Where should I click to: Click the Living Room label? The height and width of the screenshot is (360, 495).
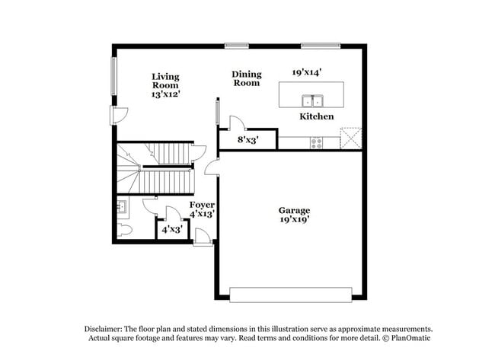[x=165, y=85]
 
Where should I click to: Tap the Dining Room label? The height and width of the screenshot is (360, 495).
[x=246, y=78]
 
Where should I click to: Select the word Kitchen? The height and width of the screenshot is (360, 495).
[x=316, y=116]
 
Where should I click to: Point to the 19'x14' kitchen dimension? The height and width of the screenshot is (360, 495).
[x=307, y=73]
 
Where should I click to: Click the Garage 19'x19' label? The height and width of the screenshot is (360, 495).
[x=293, y=215]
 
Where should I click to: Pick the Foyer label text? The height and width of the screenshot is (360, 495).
[x=202, y=209]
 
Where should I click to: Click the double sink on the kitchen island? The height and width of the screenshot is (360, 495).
[x=312, y=101]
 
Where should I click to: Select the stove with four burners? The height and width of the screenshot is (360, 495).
[x=318, y=142]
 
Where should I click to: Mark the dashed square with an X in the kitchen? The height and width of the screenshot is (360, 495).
[x=350, y=138]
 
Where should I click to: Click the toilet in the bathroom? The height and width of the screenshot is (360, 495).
[x=126, y=230]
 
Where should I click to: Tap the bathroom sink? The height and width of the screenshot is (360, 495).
[x=122, y=206]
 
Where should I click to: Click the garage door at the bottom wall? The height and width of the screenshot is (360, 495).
[x=290, y=294]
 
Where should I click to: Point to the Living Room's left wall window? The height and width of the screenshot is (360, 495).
[x=115, y=76]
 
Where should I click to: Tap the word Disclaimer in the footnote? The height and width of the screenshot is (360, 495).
[x=104, y=328]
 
